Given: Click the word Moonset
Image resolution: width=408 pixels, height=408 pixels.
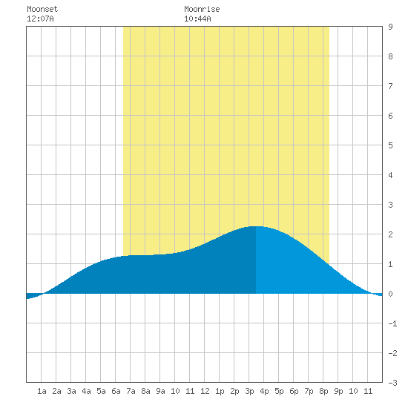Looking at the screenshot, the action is (42, 9).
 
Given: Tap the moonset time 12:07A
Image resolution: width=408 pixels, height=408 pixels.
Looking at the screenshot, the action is (40, 19).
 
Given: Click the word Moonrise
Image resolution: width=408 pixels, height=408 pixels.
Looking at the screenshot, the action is (202, 9).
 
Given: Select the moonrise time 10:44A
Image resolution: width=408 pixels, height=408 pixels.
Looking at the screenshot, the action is (197, 19).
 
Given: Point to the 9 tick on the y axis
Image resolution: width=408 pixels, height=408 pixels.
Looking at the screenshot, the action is (390, 27).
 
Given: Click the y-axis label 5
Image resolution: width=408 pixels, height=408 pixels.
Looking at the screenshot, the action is (390, 145).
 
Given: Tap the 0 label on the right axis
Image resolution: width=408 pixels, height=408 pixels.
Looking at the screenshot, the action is (390, 294).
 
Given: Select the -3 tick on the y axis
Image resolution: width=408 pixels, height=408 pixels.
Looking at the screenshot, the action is (392, 383).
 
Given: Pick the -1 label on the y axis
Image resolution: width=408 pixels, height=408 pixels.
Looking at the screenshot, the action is (392, 323).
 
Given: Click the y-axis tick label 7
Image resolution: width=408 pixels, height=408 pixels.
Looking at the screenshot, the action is (390, 86).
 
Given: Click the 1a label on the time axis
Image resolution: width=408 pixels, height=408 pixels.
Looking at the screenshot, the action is (42, 391).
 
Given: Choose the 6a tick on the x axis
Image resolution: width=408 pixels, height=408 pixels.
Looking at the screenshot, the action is (116, 391).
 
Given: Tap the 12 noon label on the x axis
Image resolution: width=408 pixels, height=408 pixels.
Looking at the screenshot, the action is (205, 391).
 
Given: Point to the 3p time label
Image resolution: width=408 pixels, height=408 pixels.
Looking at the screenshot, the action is (249, 391).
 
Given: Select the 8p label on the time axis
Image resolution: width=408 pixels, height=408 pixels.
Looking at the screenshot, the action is (323, 391).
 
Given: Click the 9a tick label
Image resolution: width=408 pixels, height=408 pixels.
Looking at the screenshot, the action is (160, 391).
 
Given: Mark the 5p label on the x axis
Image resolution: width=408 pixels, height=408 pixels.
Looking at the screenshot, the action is (279, 391).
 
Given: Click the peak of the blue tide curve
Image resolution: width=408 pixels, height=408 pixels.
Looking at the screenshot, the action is (256, 226).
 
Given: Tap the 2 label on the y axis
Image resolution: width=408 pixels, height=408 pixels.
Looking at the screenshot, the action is (390, 234).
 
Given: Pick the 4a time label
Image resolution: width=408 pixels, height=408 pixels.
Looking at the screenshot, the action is (86, 391).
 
